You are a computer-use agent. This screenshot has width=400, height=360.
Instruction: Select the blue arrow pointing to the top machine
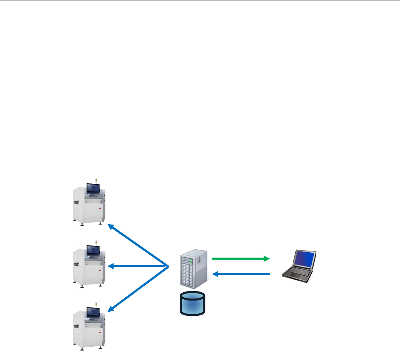point(138,245)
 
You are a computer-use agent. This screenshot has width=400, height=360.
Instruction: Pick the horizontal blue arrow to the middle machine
point(138,266)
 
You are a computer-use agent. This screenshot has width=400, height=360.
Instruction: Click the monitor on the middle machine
point(92,250)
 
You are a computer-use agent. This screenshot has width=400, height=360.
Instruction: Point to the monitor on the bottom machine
point(92,312)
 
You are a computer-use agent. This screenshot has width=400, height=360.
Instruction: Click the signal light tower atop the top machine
point(96,180)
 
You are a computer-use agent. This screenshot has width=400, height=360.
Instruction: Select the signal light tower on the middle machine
point(96,242)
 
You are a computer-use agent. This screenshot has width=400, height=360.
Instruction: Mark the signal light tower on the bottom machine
point(96,305)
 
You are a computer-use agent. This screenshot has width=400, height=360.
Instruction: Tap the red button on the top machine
point(100,209)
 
